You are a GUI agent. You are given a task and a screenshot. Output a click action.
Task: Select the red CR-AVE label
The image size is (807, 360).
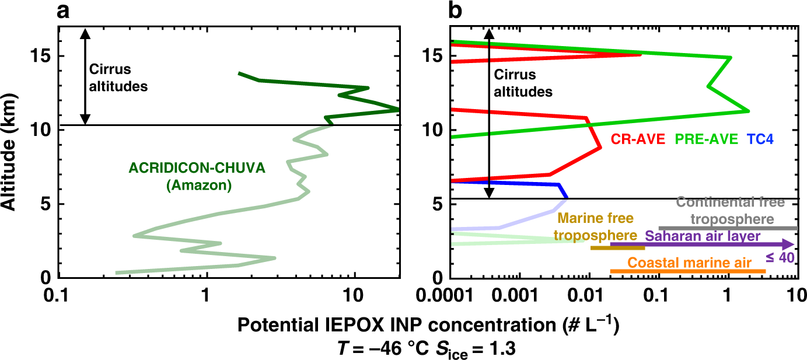tap(639, 139)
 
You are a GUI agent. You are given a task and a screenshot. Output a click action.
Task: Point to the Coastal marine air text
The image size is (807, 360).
tap(689, 263)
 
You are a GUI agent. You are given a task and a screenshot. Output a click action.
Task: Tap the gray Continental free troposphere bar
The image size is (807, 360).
tap(728, 228)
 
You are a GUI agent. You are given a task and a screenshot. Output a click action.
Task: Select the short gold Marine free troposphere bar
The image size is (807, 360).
tap(617, 248)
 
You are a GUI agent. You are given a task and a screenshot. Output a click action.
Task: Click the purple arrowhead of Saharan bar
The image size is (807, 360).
tap(788, 244)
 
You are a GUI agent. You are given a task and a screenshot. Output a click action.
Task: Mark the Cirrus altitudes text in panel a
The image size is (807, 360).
tap(118, 78)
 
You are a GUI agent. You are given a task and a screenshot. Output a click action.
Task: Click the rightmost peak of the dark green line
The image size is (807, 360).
tap(398, 109)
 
